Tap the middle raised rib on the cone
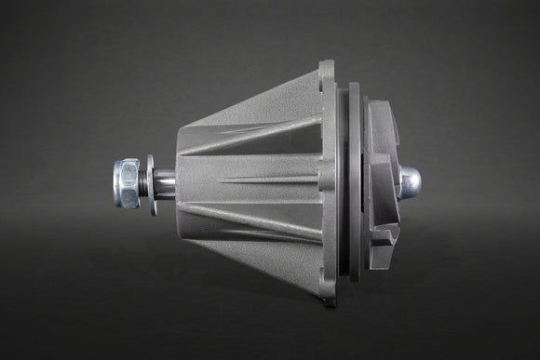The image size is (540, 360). pyautogui.click(x=256, y=179)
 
